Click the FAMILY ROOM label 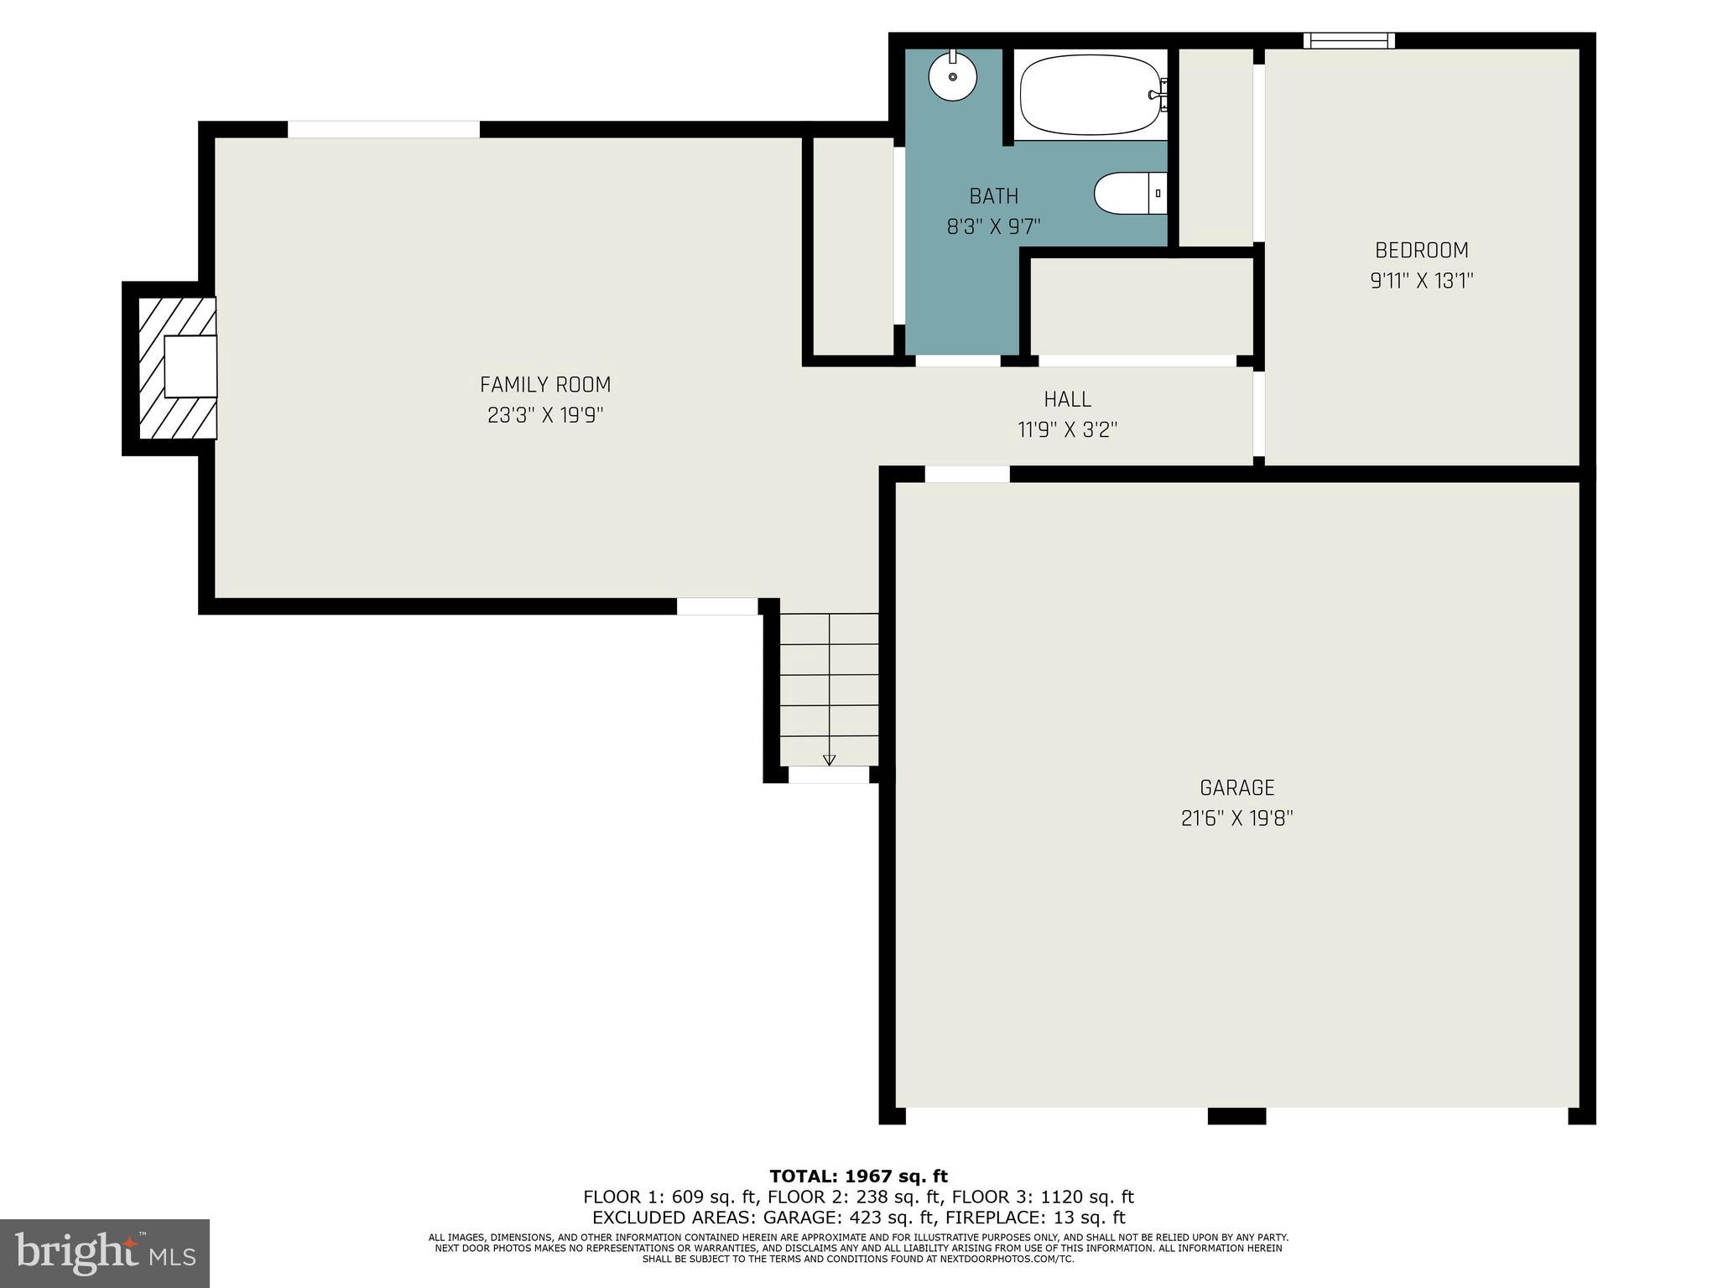coord(545,385)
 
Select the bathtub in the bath coord(1089,95)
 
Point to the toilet coord(1129,194)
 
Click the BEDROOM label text coord(1422,250)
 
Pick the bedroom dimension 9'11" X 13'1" coord(1422,281)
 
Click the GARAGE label coord(1236,787)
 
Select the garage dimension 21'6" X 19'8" coord(1236,818)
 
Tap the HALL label coord(1067,399)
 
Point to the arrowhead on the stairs coord(830,760)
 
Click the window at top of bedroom coord(1349,40)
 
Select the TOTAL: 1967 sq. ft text coord(858,1176)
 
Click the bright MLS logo coord(105,1254)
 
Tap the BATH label coord(993,196)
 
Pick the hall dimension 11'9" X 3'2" coord(1067,430)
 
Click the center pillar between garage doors coord(1236,1115)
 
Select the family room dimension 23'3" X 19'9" coord(545,415)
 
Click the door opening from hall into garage coord(967,474)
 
